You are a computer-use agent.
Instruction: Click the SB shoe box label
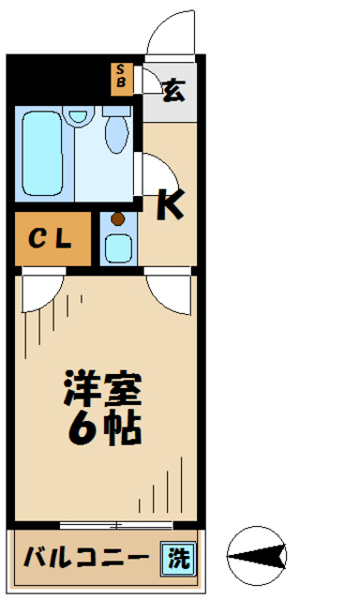[x=122, y=76]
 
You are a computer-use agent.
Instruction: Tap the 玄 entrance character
[x=174, y=91]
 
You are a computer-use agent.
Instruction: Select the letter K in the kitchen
[x=170, y=204]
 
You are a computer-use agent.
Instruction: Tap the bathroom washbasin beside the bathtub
[x=79, y=117]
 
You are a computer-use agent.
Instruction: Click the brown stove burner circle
[x=117, y=219]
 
